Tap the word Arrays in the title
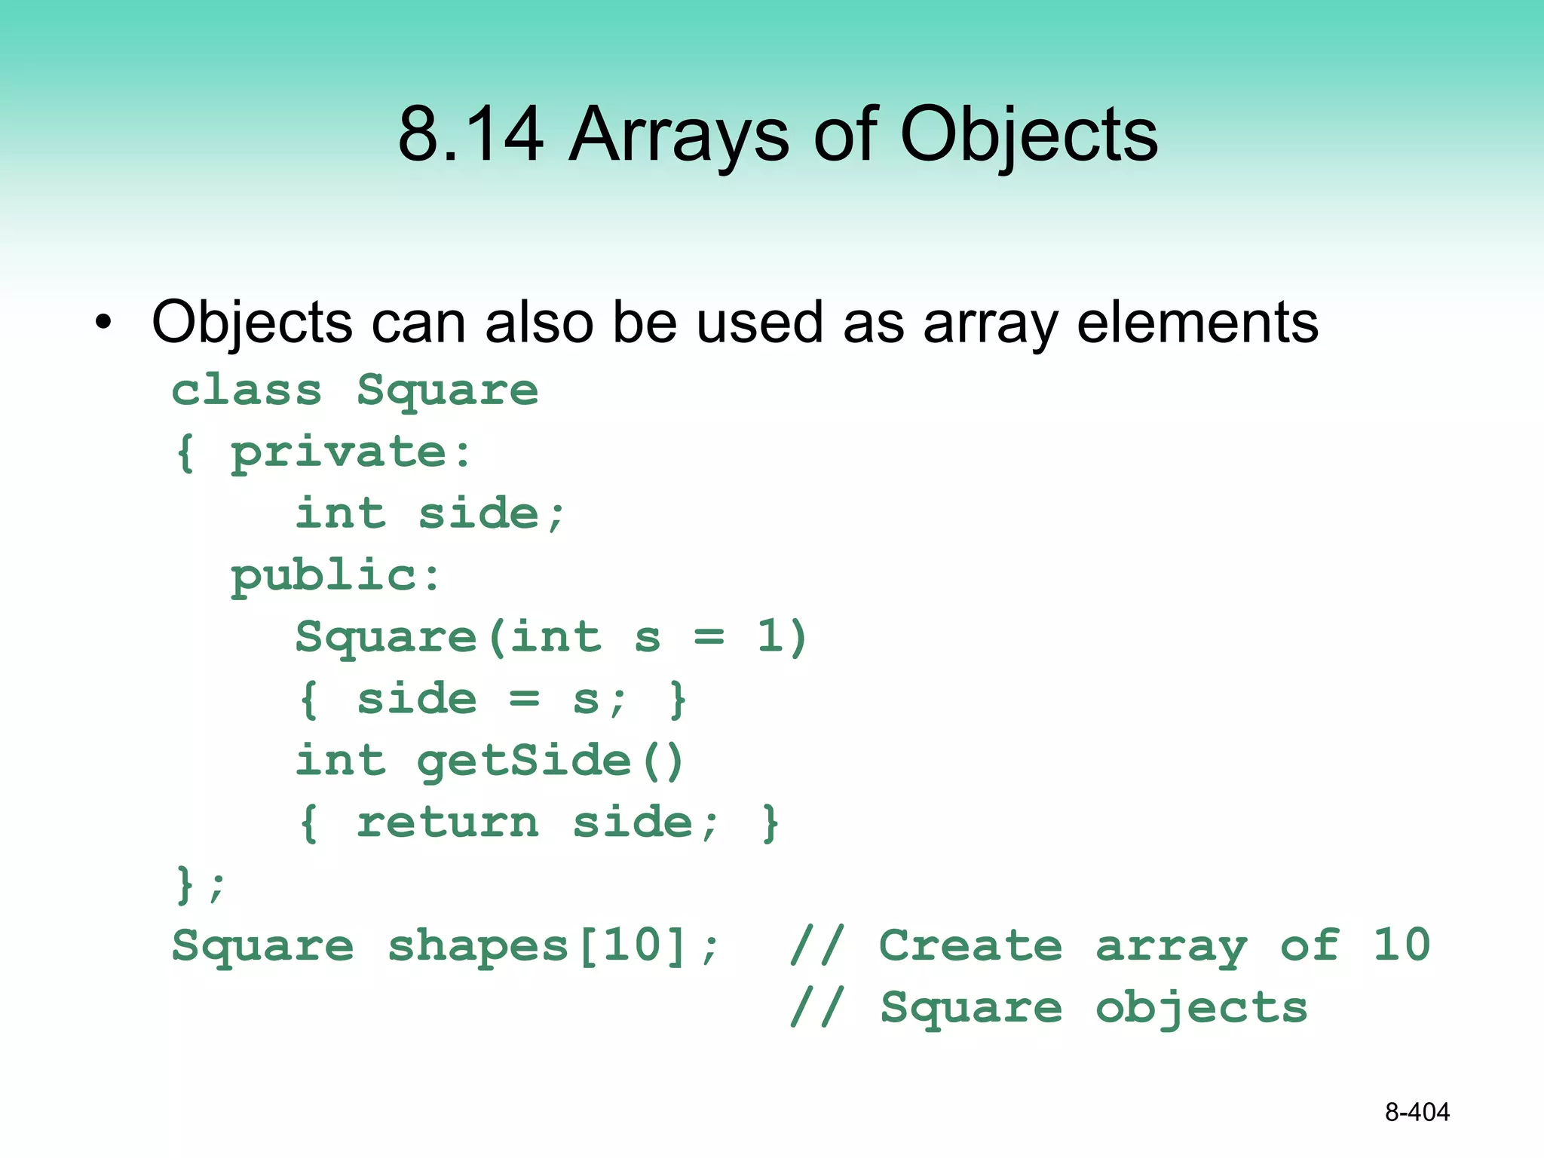coord(679,136)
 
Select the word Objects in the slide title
coord(1029,136)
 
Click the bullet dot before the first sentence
coord(103,323)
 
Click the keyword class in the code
coord(247,391)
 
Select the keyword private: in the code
coord(351,453)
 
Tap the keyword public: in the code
coord(335,577)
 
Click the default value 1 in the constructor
coord(770,637)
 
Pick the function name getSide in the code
coord(524,761)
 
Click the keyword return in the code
coord(448,823)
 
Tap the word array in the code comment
coord(1171,947)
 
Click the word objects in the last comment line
coord(1201,1009)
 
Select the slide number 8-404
coord(1417,1112)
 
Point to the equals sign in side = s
coord(524,699)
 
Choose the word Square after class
coord(448,391)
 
